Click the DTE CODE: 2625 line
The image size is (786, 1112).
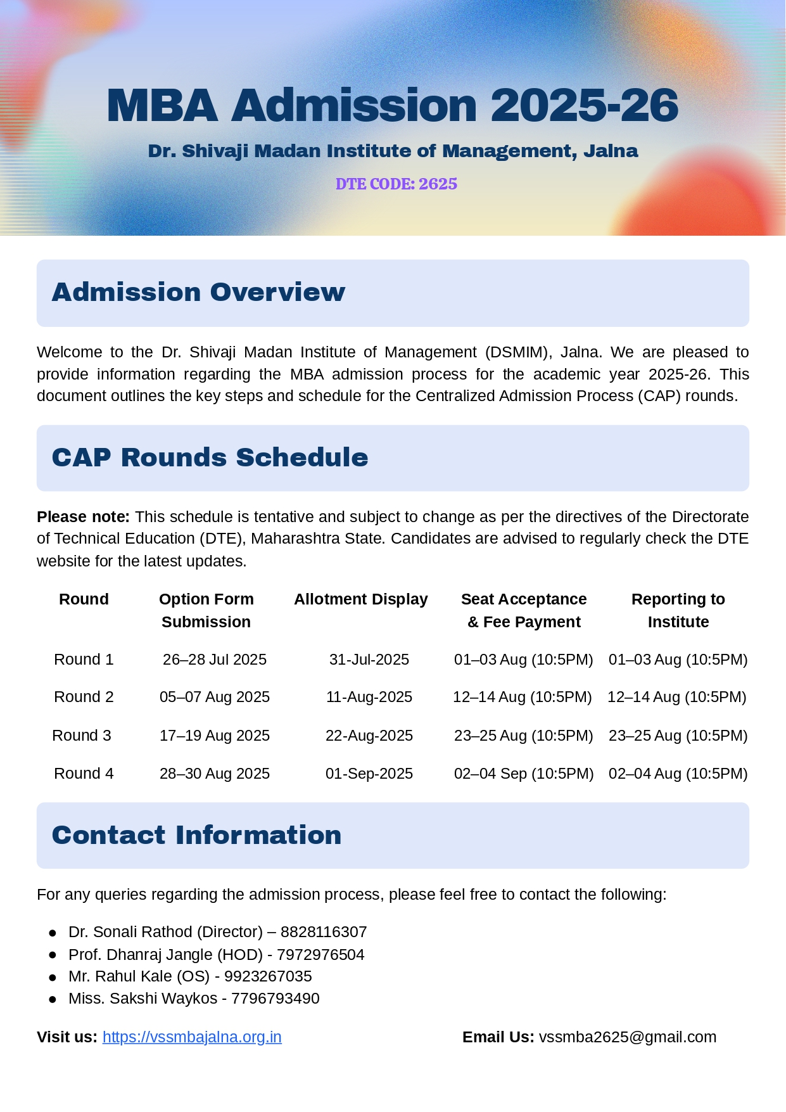tap(396, 184)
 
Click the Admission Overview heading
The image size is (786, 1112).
tap(198, 292)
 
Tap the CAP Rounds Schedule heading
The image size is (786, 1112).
tap(210, 457)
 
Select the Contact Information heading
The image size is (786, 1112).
tap(196, 835)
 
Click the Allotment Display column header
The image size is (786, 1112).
tap(361, 599)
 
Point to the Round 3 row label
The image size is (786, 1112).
tap(82, 736)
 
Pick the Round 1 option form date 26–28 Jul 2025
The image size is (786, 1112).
tap(215, 660)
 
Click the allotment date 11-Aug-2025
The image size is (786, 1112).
tap(369, 697)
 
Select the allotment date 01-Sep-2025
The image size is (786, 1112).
tap(369, 774)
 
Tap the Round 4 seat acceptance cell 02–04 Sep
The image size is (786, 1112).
tap(524, 774)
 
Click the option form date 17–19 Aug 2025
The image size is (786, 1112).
tap(215, 736)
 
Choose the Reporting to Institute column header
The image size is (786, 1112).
tap(678, 610)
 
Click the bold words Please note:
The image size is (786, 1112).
tap(83, 517)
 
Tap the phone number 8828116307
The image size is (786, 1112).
tap(324, 932)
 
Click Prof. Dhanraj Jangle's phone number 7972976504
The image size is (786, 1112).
tap(320, 955)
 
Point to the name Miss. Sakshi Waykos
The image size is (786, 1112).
tap(143, 999)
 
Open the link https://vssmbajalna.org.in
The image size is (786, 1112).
tap(192, 1037)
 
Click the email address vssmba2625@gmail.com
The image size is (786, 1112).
tap(628, 1037)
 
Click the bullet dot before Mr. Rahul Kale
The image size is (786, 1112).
tap(53, 977)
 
